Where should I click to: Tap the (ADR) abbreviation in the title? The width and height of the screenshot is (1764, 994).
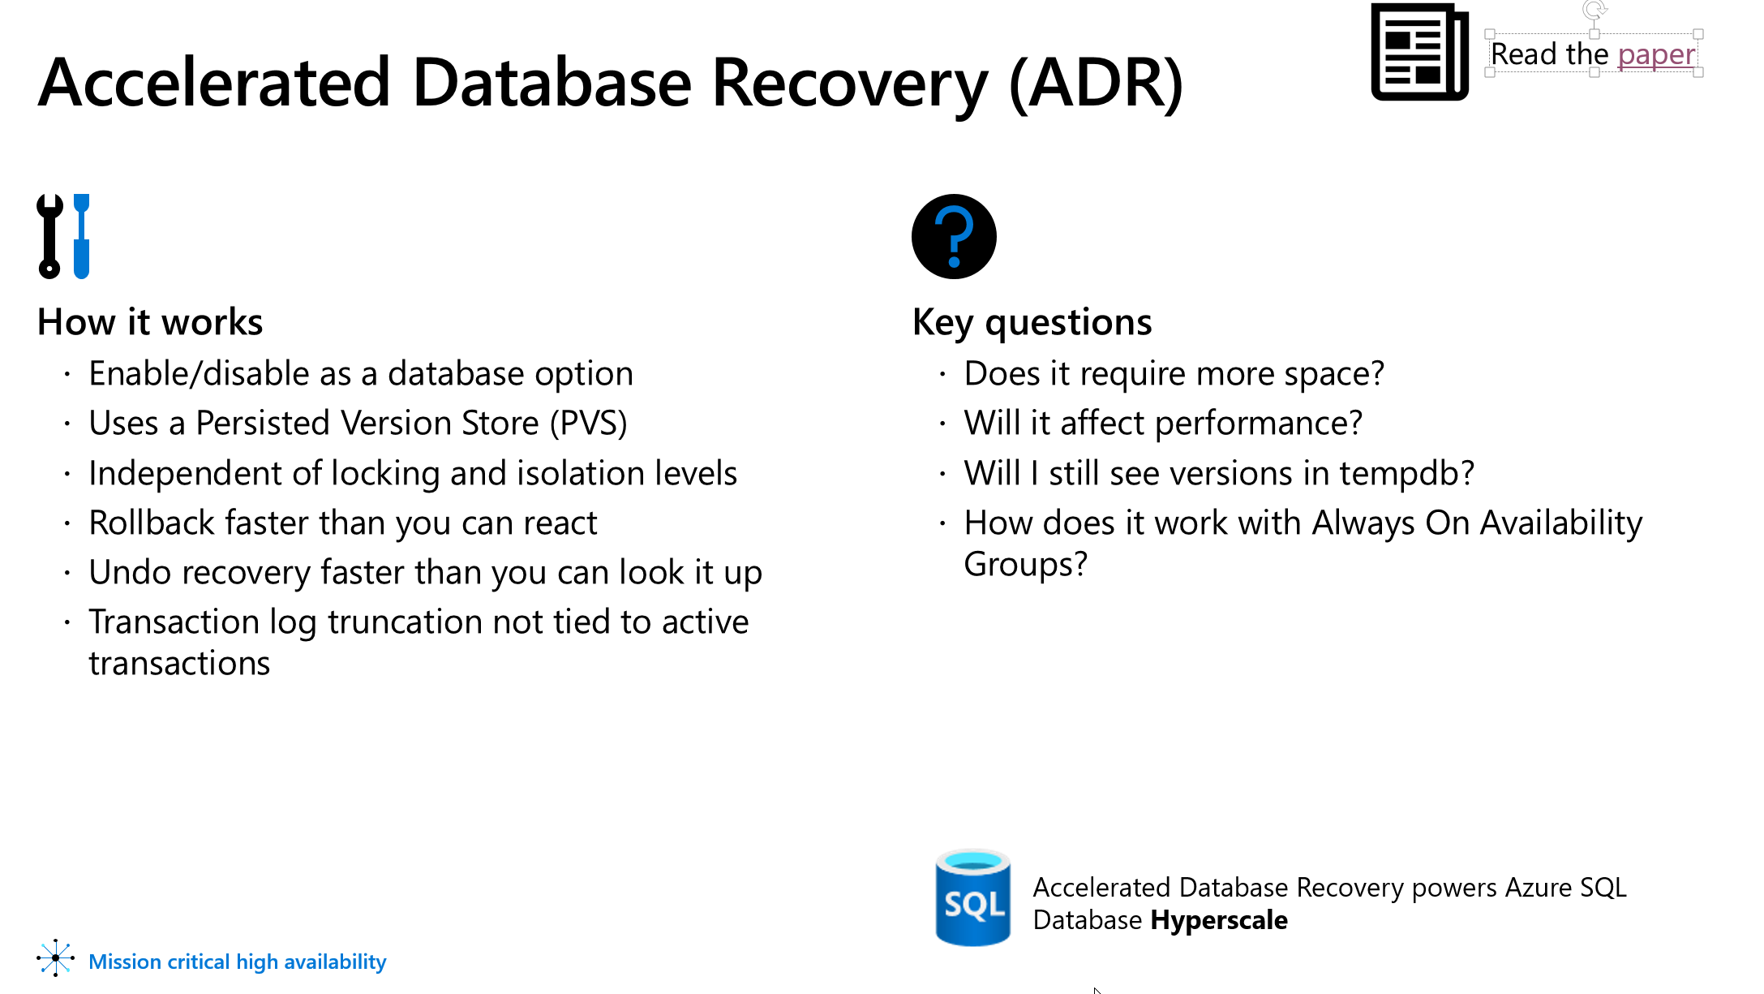[x=1097, y=84]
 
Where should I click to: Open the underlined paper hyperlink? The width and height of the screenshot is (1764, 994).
[x=1656, y=55]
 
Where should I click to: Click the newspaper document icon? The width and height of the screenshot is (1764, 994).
[x=1419, y=52]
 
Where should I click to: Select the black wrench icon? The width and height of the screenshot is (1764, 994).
[x=50, y=236]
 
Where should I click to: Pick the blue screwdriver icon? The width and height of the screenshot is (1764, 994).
[x=81, y=236]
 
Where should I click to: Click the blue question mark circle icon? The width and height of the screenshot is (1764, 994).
[x=954, y=236]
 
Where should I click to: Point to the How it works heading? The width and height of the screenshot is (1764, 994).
[x=150, y=322]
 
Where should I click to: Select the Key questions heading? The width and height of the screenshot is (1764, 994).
[x=1032, y=322]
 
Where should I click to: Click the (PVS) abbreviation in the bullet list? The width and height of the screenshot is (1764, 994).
[x=588, y=424]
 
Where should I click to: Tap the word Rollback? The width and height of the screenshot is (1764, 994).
[x=152, y=523]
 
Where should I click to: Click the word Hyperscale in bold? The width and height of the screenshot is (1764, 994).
[x=1219, y=921]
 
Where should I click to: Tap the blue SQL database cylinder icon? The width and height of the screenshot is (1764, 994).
[x=972, y=897]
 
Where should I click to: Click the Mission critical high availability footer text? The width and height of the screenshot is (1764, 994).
[x=238, y=962]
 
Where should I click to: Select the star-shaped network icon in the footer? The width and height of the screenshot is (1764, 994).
[x=55, y=958]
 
